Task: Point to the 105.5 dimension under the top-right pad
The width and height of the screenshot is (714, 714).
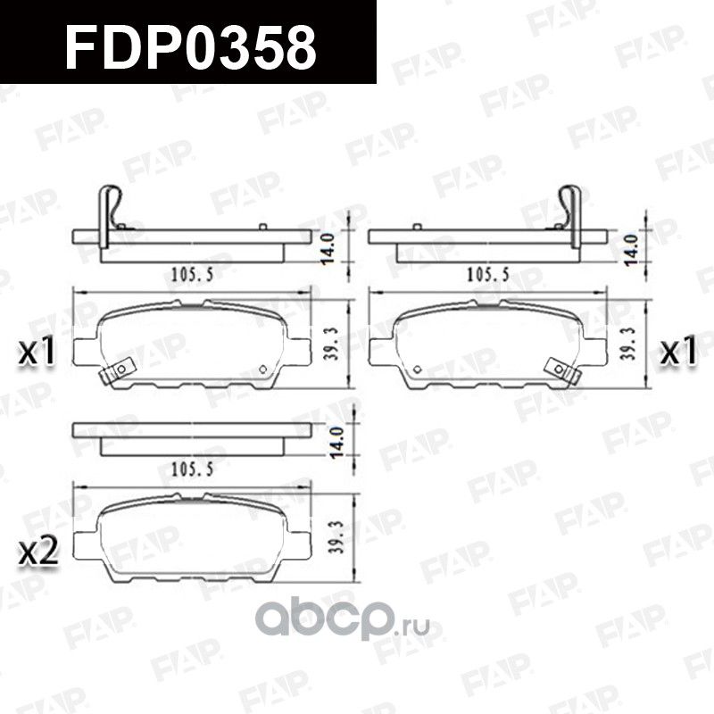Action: tap(486, 275)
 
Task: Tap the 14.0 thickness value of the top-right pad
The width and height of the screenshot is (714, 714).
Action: tap(632, 245)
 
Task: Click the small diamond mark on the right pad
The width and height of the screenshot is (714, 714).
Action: tap(416, 369)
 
